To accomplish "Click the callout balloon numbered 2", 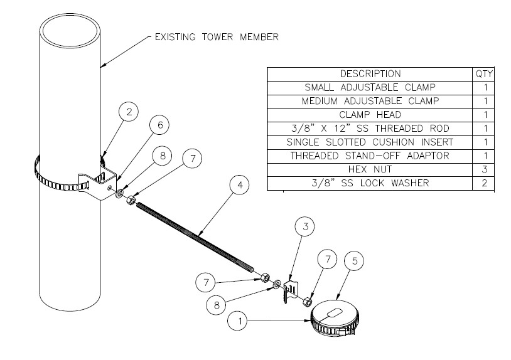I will point(129,113).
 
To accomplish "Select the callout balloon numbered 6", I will point(160,125).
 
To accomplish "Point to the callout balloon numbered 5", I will point(354,262).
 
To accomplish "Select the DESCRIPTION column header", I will point(370,74).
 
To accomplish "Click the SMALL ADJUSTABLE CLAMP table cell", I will point(370,87).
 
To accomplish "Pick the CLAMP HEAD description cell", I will point(370,115).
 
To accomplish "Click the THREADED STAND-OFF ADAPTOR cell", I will point(370,156).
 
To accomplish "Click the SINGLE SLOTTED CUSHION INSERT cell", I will point(370,142).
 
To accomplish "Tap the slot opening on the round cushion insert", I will point(332,313).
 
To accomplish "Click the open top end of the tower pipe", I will point(69,26).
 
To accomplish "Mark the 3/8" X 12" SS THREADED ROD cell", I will point(370,129).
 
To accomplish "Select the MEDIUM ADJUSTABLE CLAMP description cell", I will point(370,101).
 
